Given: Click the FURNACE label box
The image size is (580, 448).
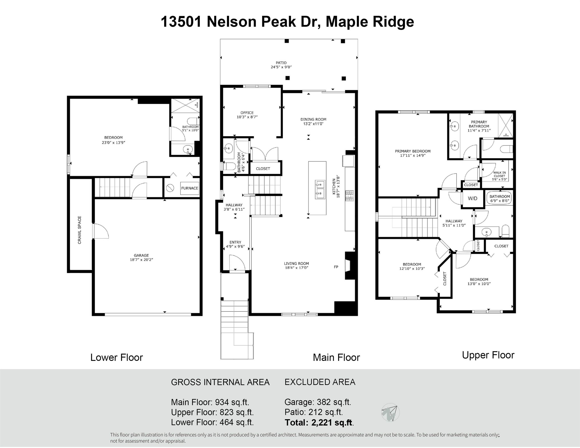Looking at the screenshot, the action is tap(190, 188).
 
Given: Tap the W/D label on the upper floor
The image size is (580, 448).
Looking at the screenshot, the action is tap(472, 198).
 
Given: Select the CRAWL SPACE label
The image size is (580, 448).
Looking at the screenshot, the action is tap(80, 230).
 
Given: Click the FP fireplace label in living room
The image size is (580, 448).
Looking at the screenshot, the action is tap(336, 267).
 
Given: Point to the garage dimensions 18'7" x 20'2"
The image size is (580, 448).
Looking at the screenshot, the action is tap(141, 260).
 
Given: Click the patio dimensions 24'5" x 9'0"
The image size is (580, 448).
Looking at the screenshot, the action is tap(281, 67).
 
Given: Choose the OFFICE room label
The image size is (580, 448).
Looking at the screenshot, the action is tap(247, 113).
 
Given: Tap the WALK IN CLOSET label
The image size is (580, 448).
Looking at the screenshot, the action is tap(499, 174).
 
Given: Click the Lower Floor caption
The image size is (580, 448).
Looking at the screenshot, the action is tap(117, 358).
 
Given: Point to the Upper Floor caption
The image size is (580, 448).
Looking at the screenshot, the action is tap(488, 355).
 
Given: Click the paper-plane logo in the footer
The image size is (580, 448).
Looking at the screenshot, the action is tap(390, 412).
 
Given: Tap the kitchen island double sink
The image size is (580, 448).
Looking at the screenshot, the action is tap(320, 190).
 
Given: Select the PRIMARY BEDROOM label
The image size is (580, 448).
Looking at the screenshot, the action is tap(413, 151).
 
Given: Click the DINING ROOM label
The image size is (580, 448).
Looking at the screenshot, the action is tap(313, 119).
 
